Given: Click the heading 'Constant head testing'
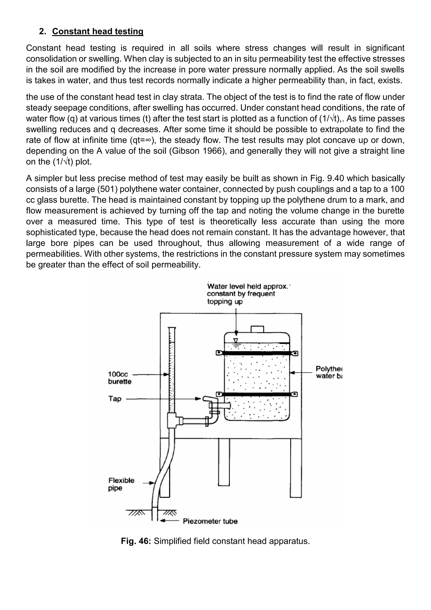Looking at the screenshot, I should tap(98, 31).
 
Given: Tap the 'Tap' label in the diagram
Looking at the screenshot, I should tap(115, 399).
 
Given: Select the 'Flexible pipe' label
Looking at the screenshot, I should tap(121, 484).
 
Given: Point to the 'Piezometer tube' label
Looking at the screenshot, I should tap(210, 521).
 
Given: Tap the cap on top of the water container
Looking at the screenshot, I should tap(257, 329).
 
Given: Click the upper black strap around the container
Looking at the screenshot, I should tap(257, 353).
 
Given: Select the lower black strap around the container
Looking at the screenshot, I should tap(257, 394).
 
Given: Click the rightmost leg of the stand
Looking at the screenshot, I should tap(296, 468).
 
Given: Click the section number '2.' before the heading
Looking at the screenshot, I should tap(43, 31).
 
